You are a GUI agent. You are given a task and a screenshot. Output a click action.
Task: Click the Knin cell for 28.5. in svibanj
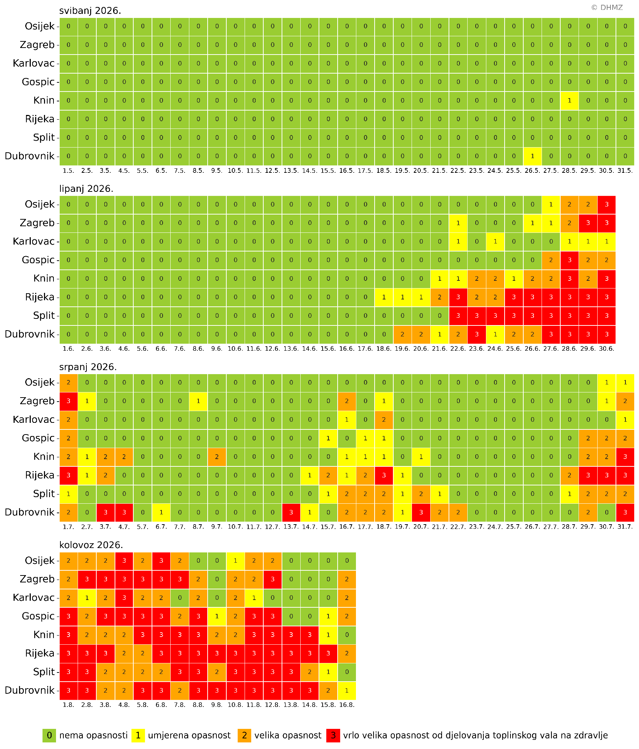point(569,101)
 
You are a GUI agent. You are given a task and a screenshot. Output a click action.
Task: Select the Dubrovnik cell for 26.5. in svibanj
point(532,156)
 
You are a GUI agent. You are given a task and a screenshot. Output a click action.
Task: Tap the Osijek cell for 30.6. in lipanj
point(606,205)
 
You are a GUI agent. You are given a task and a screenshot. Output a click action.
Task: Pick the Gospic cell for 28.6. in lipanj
point(569,260)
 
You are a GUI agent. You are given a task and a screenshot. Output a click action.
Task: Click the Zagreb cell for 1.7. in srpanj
point(68,401)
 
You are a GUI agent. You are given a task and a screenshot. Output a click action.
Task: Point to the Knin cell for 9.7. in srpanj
point(217,457)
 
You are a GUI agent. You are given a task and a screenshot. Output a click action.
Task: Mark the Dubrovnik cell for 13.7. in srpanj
point(291,513)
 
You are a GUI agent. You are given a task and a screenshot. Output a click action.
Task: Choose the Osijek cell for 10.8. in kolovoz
point(235,561)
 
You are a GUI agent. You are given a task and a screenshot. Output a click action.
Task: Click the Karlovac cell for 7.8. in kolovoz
point(180,598)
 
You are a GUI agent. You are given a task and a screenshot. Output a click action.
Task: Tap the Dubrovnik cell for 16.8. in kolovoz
point(347,690)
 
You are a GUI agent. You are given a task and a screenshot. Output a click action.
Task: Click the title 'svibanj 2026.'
point(90,11)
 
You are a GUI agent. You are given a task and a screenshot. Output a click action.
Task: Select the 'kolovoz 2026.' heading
point(91,545)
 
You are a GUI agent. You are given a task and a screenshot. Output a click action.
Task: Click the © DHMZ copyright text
point(607,8)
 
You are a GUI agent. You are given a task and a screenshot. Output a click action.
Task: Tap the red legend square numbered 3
point(333,735)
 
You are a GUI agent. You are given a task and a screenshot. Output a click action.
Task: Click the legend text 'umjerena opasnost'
point(189,735)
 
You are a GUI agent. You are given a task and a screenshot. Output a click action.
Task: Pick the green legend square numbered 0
point(49,735)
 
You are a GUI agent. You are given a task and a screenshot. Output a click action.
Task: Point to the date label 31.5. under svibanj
point(625,171)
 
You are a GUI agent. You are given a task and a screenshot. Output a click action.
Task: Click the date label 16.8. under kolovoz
point(347,705)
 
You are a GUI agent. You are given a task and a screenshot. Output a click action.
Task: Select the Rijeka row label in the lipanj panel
point(40,297)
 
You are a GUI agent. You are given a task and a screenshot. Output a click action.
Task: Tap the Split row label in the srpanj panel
point(44,494)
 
